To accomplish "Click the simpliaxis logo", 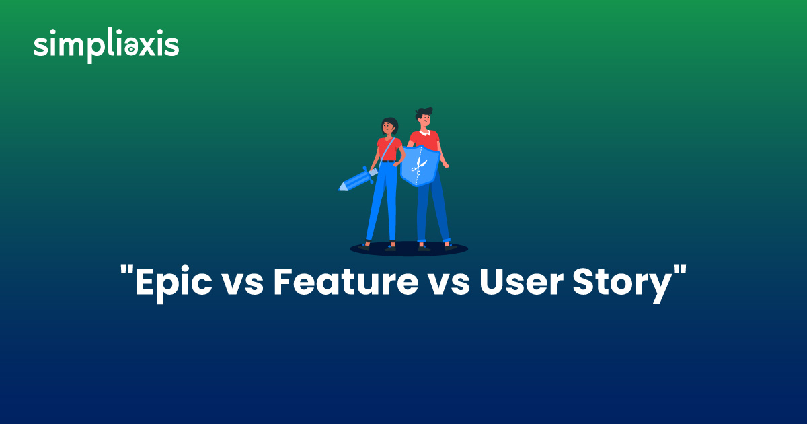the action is tap(106, 46).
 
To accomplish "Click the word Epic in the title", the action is tap(174, 284).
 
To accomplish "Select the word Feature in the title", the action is tap(346, 281).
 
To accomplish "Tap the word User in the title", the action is tap(521, 282).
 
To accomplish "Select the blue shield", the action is tap(420, 166).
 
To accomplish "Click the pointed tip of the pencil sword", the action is tap(340, 189).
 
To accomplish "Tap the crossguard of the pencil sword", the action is tap(368, 174).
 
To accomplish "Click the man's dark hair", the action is tap(424, 112).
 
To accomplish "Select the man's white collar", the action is tap(425, 133).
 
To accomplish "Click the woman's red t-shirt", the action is tap(389, 149).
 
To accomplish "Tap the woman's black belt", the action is tap(389, 161).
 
